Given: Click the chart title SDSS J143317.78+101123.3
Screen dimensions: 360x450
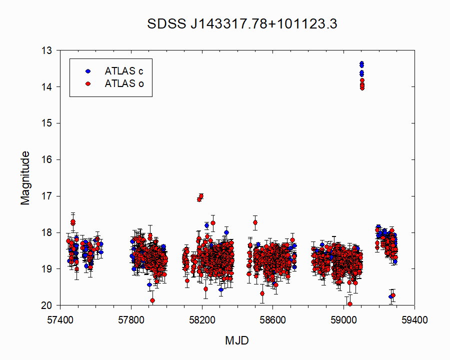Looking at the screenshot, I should click(x=242, y=24).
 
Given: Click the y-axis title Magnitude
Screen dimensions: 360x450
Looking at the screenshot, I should click(x=25, y=178).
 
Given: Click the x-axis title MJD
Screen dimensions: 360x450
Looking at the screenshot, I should click(x=237, y=340).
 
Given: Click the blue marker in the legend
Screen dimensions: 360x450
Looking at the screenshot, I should click(x=88, y=71).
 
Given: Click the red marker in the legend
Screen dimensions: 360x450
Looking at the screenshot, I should click(x=88, y=83).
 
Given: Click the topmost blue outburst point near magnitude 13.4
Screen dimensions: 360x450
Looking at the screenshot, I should click(x=361, y=63).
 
